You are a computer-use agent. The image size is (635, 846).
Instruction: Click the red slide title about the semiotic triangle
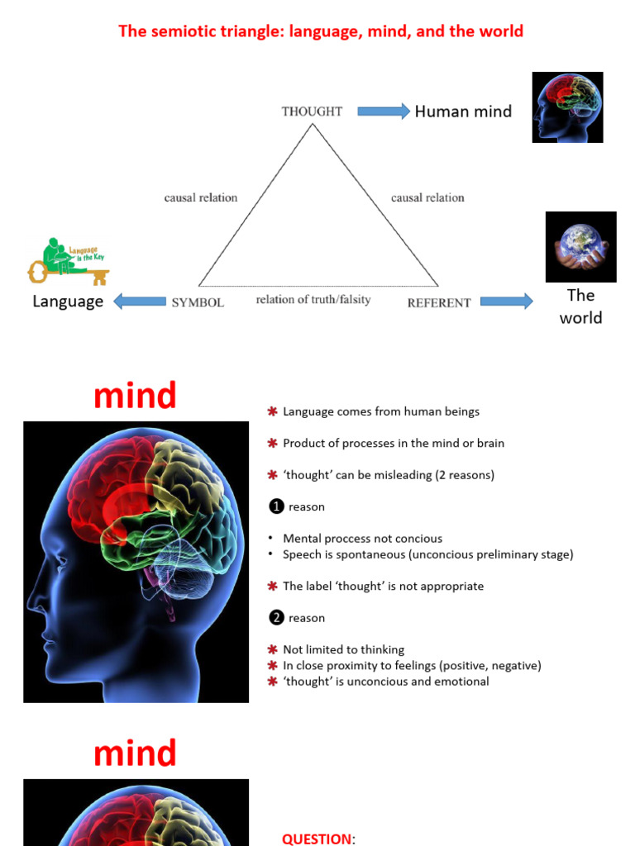pos(321,31)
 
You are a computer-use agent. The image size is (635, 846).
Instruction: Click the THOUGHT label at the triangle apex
pos(312,112)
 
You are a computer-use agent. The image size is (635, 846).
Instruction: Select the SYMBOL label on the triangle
pos(198,302)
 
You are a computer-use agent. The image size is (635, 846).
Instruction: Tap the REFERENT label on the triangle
pos(439,303)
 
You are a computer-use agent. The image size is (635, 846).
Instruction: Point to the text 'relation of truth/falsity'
pos(313,299)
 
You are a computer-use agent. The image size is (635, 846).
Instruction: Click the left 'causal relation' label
pos(201,197)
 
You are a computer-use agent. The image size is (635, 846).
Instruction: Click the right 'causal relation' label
pos(427,197)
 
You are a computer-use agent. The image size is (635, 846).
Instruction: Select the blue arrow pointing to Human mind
pos(383,112)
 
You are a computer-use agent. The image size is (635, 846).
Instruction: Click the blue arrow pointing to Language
pos(139,302)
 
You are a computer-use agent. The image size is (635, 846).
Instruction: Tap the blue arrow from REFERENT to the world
pos(506,302)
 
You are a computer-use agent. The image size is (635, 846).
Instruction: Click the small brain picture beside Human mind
pos(567,107)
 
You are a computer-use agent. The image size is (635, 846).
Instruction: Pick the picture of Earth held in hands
pos(580,247)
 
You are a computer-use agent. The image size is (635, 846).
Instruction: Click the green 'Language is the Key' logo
pos(69,261)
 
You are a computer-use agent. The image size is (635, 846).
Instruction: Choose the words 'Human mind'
pos(463,112)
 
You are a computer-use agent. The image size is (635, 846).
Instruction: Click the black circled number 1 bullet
pos(277,506)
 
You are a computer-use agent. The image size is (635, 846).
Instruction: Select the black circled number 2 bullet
pos(277,617)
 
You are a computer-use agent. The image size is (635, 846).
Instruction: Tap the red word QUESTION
pos(317,839)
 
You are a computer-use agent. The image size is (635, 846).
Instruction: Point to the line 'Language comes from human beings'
pos(380,411)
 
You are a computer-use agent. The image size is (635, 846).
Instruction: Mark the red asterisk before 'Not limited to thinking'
pos(272,649)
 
